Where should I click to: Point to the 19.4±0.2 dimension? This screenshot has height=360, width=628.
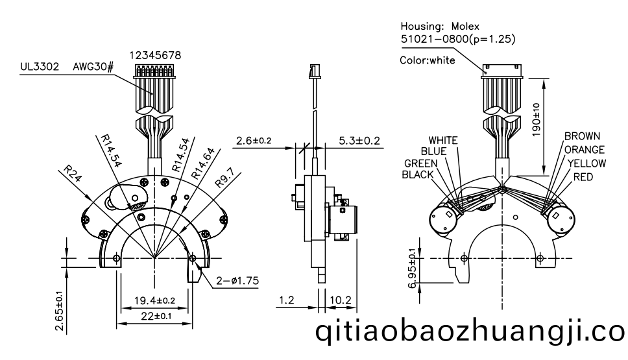pyautogui.click(x=153, y=300)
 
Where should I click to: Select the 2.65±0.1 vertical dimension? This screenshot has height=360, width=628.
pyautogui.click(x=59, y=311)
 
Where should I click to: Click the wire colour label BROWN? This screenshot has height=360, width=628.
pyautogui.click(x=582, y=136)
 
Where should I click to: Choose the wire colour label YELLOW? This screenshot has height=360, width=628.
pyautogui.click(x=586, y=163)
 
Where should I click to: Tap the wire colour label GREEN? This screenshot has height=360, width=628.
pyautogui.click(x=422, y=163)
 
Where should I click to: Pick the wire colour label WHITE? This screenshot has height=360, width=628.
pyautogui.click(x=443, y=140)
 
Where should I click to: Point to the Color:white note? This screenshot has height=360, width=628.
pyautogui.click(x=428, y=61)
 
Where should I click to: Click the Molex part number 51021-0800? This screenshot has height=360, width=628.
pyautogui.click(x=431, y=39)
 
